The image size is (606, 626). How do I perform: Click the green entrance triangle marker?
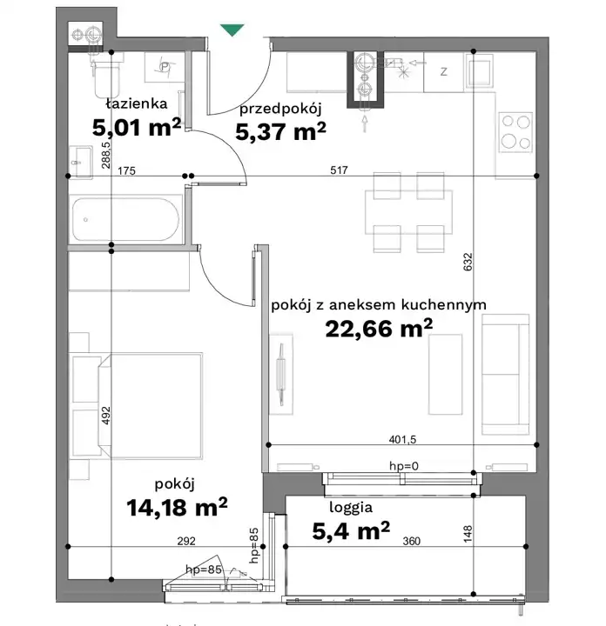coord(232,30)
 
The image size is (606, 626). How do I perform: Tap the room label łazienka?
coord(137,103)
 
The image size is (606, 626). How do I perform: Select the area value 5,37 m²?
coord(280,131)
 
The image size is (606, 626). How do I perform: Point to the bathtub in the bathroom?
coord(126,219)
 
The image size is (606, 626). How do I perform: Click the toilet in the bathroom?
coord(107,78)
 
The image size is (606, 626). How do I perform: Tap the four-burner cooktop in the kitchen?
coord(515,132)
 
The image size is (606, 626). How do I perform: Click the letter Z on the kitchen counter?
coord(444,72)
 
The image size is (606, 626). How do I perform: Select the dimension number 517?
coord(339,170)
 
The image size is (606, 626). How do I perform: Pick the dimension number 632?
coord(468,262)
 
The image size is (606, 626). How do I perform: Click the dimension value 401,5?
coord(402,440)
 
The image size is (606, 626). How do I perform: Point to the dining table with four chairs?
coord(408,212)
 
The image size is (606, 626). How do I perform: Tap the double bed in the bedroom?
coord(151,405)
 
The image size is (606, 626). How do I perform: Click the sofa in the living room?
coord(506,375)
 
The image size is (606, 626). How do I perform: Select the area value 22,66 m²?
coord(379,329)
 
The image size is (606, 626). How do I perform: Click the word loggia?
coord(351,508)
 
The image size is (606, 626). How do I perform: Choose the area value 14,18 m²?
coord(177,507)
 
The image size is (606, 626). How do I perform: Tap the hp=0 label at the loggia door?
coord(404,466)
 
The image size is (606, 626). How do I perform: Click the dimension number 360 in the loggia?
coord(411,541)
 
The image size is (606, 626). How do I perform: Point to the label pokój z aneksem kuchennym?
coord(379,305)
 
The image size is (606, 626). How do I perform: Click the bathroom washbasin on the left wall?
coord(81,162)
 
